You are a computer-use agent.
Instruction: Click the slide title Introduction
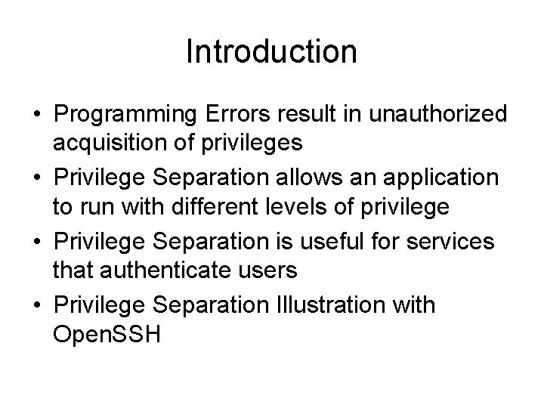271,52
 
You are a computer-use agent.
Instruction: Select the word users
268,269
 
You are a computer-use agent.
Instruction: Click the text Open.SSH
107,333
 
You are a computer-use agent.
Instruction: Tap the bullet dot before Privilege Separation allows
36,178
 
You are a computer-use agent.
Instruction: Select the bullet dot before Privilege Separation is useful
36,242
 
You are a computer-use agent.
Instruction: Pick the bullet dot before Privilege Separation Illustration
36,306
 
